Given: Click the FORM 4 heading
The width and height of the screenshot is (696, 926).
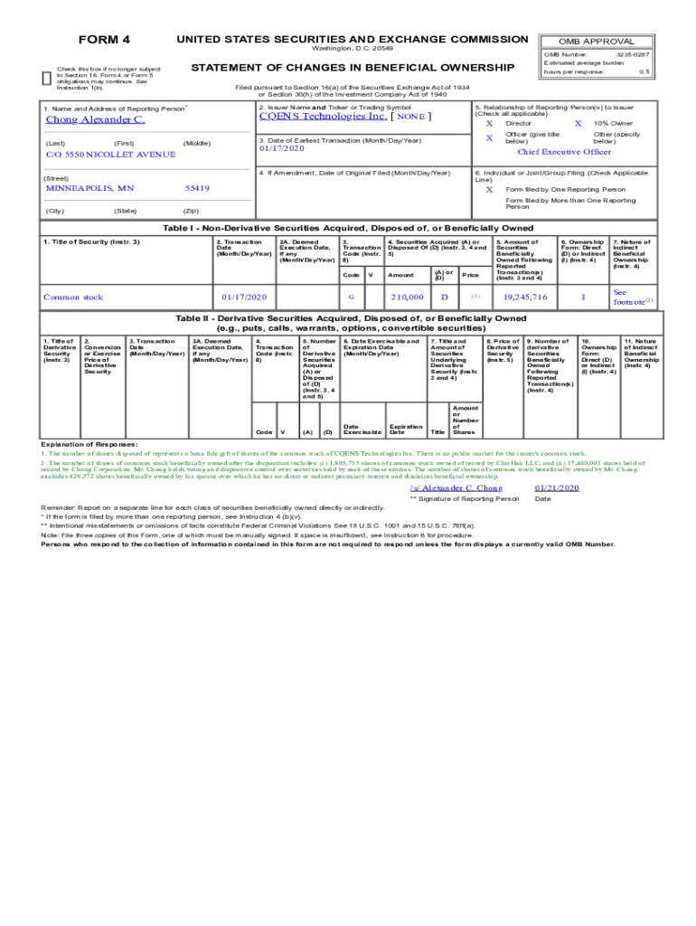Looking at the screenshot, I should (105, 40).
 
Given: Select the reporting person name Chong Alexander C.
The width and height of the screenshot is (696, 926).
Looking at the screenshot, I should (95, 119).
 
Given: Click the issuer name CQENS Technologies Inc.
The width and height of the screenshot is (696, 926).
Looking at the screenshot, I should (323, 116).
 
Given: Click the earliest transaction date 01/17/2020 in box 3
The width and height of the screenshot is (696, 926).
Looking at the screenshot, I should (282, 149).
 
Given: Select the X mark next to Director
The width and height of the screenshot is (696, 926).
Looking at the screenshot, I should (489, 123).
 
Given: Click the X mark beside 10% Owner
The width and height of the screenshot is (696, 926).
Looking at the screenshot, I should (578, 123).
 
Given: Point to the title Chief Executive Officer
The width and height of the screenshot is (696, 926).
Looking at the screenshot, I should (564, 152).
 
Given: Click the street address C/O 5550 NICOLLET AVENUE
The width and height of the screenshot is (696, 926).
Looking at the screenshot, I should (110, 155).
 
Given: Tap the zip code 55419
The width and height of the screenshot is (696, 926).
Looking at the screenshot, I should (197, 188).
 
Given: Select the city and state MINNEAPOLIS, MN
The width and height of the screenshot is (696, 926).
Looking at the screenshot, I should (89, 188).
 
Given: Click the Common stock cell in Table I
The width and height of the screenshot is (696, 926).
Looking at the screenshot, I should (73, 297).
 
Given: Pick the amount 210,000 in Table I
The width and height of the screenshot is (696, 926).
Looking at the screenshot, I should (407, 297).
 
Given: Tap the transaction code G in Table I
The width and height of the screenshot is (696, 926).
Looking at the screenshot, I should (351, 297).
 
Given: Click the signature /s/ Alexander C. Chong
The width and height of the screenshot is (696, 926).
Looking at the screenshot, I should (456, 487).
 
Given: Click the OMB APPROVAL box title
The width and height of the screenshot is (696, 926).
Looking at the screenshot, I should (597, 42).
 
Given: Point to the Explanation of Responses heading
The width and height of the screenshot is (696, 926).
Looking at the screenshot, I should (89, 445).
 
